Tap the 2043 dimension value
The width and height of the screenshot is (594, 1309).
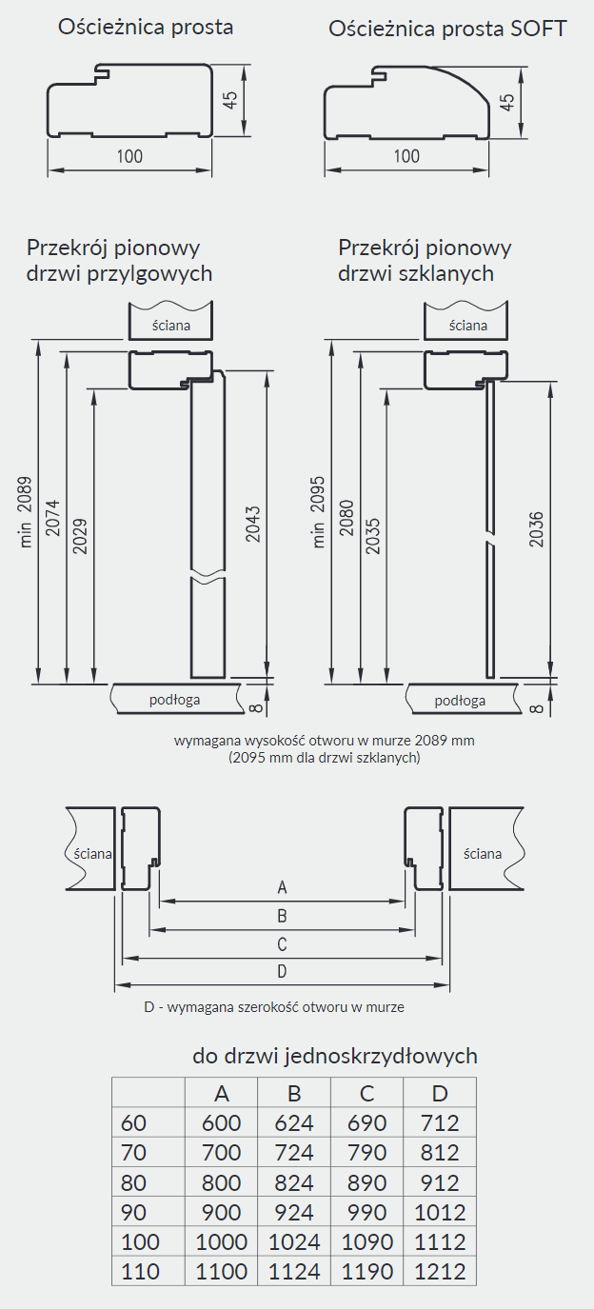[x=253, y=525]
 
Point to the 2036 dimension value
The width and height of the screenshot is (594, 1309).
[x=536, y=529]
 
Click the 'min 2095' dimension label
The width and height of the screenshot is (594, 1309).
[x=318, y=512]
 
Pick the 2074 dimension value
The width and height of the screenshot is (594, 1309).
[x=52, y=518]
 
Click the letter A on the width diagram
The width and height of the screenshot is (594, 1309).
[x=282, y=887]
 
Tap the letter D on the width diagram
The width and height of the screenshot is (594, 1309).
[x=282, y=971]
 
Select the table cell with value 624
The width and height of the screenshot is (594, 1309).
[x=294, y=1122]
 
